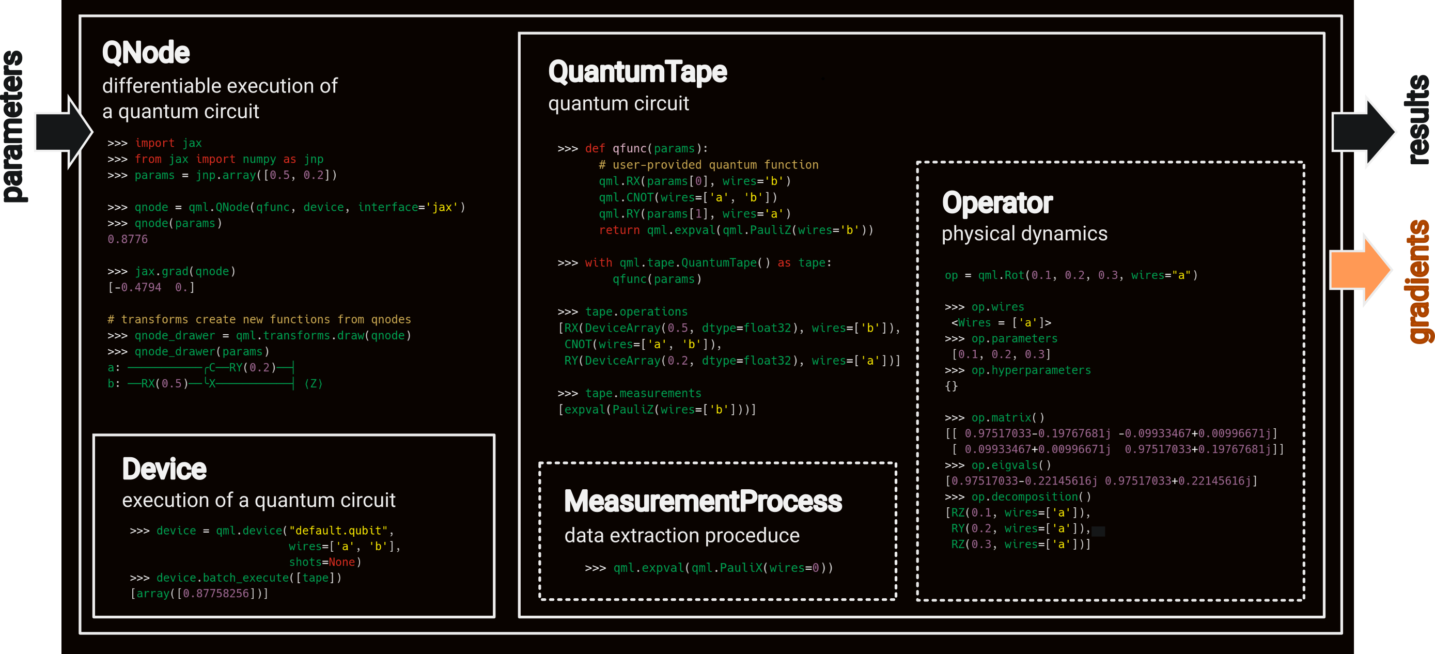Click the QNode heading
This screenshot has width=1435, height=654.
point(146,53)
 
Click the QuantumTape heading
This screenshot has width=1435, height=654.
point(637,72)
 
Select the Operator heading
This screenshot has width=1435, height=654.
point(996,203)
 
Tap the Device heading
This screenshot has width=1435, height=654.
point(164,469)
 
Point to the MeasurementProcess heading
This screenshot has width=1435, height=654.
point(703,502)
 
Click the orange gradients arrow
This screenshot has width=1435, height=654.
point(1360,270)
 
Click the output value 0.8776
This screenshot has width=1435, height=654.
point(128,240)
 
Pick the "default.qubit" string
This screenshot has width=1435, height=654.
point(338,531)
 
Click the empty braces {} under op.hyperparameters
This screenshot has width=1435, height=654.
point(951,386)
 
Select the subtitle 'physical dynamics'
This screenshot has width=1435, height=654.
point(1024,234)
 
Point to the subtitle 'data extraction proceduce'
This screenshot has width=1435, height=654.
point(681,536)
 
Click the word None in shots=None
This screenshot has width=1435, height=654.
point(341,563)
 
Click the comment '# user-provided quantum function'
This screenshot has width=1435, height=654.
point(708,165)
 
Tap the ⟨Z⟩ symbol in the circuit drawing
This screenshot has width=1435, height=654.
point(313,384)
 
